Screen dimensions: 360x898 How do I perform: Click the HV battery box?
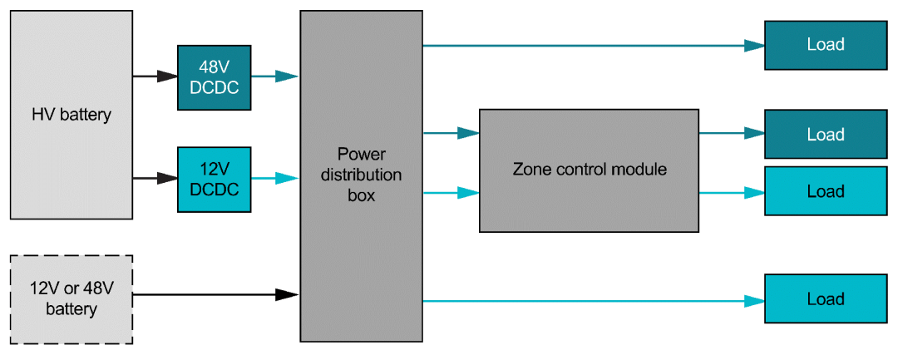click(71, 115)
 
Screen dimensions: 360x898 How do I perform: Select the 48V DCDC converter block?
click(214, 77)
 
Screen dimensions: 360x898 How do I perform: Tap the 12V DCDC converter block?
click(214, 178)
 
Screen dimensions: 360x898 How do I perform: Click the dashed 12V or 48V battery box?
click(71, 299)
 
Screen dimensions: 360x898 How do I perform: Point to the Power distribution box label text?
click(362, 175)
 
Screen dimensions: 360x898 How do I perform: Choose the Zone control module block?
click(589, 170)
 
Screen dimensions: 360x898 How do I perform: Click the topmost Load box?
click(825, 45)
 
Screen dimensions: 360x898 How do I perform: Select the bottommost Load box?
click(825, 299)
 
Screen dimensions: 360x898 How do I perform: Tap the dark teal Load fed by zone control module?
click(825, 134)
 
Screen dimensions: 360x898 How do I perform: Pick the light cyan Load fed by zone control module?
click(825, 191)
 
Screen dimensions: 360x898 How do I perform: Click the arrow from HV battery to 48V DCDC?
click(155, 76)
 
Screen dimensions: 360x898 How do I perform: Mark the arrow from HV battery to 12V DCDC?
click(155, 178)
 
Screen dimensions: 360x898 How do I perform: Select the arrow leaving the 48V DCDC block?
click(274, 76)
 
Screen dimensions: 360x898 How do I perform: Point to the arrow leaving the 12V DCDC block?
click(274, 178)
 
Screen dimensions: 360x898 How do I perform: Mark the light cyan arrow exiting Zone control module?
click(732, 193)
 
